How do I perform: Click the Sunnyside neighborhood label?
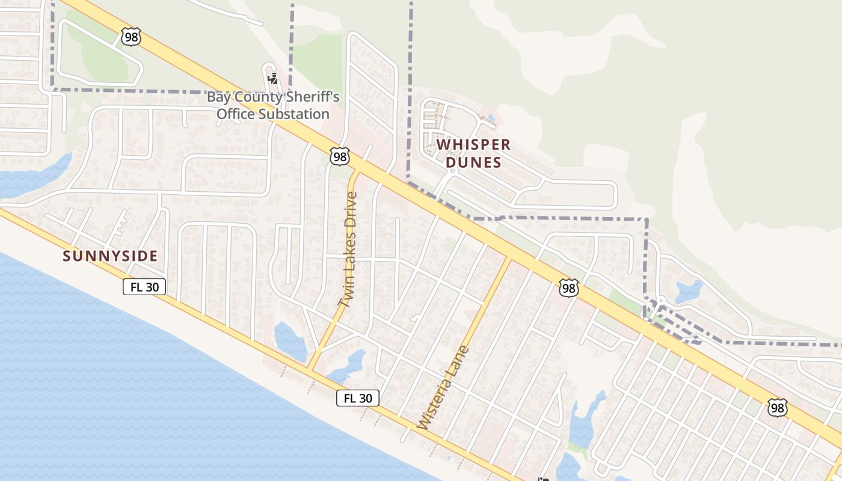(x=110, y=256)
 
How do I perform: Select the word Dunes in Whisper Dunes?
(x=473, y=162)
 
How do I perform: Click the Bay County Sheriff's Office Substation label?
(x=273, y=105)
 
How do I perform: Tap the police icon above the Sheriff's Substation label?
(x=273, y=78)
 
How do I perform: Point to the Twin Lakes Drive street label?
(x=348, y=249)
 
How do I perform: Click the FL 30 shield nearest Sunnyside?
(x=144, y=287)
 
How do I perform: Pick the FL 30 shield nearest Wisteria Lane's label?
(x=358, y=397)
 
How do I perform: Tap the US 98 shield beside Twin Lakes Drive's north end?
(x=340, y=157)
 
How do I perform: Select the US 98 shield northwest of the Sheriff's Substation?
(x=131, y=37)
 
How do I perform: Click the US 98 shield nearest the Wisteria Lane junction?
(x=568, y=288)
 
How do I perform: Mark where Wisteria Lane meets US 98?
(x=510, y=259)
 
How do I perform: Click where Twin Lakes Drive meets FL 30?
(x=309, y=368)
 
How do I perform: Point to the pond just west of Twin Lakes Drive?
(x=290, y=340)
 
